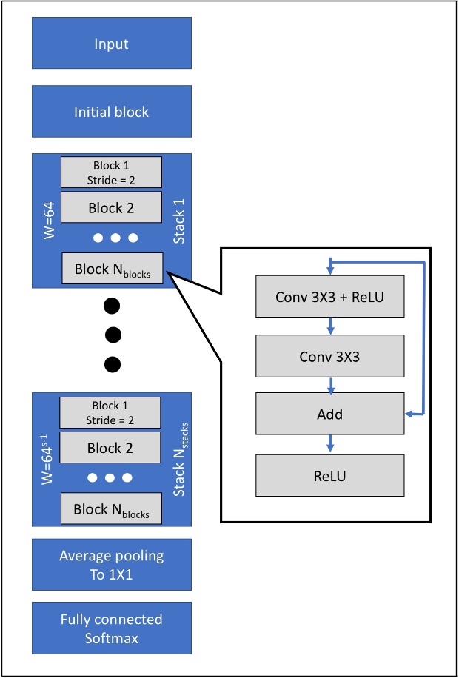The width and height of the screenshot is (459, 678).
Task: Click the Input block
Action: (x=111, y=44)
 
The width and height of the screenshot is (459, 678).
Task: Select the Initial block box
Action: (x=111, y=112)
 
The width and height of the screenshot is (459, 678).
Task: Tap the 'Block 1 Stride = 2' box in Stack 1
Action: (x=111, y=172)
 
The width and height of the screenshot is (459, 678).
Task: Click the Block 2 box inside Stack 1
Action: (x=111, y=208)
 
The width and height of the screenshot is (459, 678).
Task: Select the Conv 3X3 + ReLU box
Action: (x=329, y=298)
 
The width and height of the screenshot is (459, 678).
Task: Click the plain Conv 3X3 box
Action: (x=329, y=356)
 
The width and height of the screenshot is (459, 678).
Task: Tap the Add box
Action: (x=329, y=414)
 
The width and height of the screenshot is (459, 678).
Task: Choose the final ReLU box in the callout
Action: (x=329, y=474)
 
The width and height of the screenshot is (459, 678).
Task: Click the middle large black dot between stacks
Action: (x=112, y=335)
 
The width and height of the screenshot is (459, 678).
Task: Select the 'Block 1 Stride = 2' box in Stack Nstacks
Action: (x=111, y=412)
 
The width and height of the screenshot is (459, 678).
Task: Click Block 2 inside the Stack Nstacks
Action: (x=111, y=448)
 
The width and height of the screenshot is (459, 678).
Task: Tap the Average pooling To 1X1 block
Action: (x=111, y=565)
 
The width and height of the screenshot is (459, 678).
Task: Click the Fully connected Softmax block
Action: (x=111, y=628)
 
